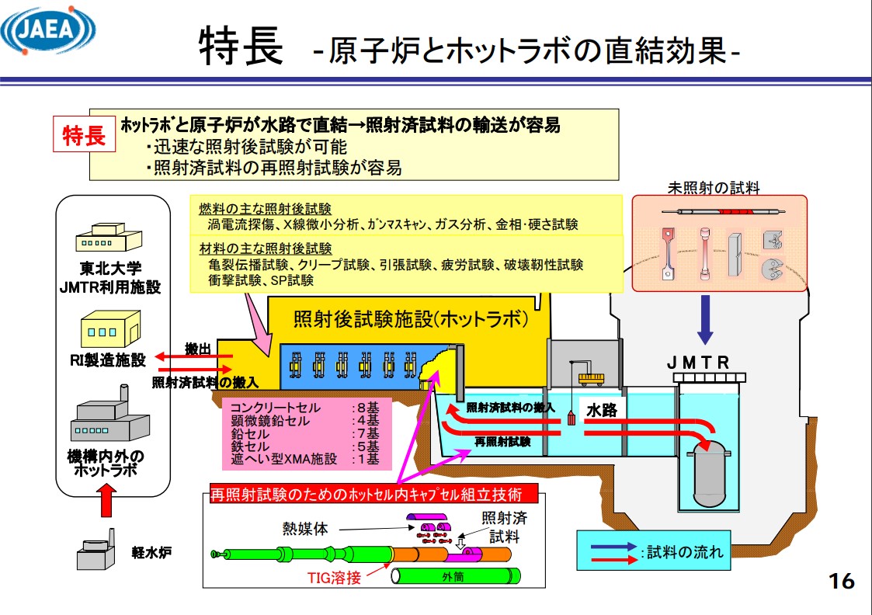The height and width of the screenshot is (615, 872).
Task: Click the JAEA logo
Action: coord(48,31)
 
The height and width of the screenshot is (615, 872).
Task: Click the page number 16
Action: coord(842,580)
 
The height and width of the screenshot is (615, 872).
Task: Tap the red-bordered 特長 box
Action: coord(84,136)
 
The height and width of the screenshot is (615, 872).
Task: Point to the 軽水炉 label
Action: coord(151,553)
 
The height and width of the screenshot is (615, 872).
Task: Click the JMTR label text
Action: coord(698,363)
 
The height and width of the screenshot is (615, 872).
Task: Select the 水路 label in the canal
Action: coord(602,410)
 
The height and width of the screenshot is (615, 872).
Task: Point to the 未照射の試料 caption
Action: coord(714,187)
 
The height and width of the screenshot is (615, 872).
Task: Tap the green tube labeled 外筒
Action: coord(456,577)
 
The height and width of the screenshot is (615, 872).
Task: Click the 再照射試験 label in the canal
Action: coord(503,441)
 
